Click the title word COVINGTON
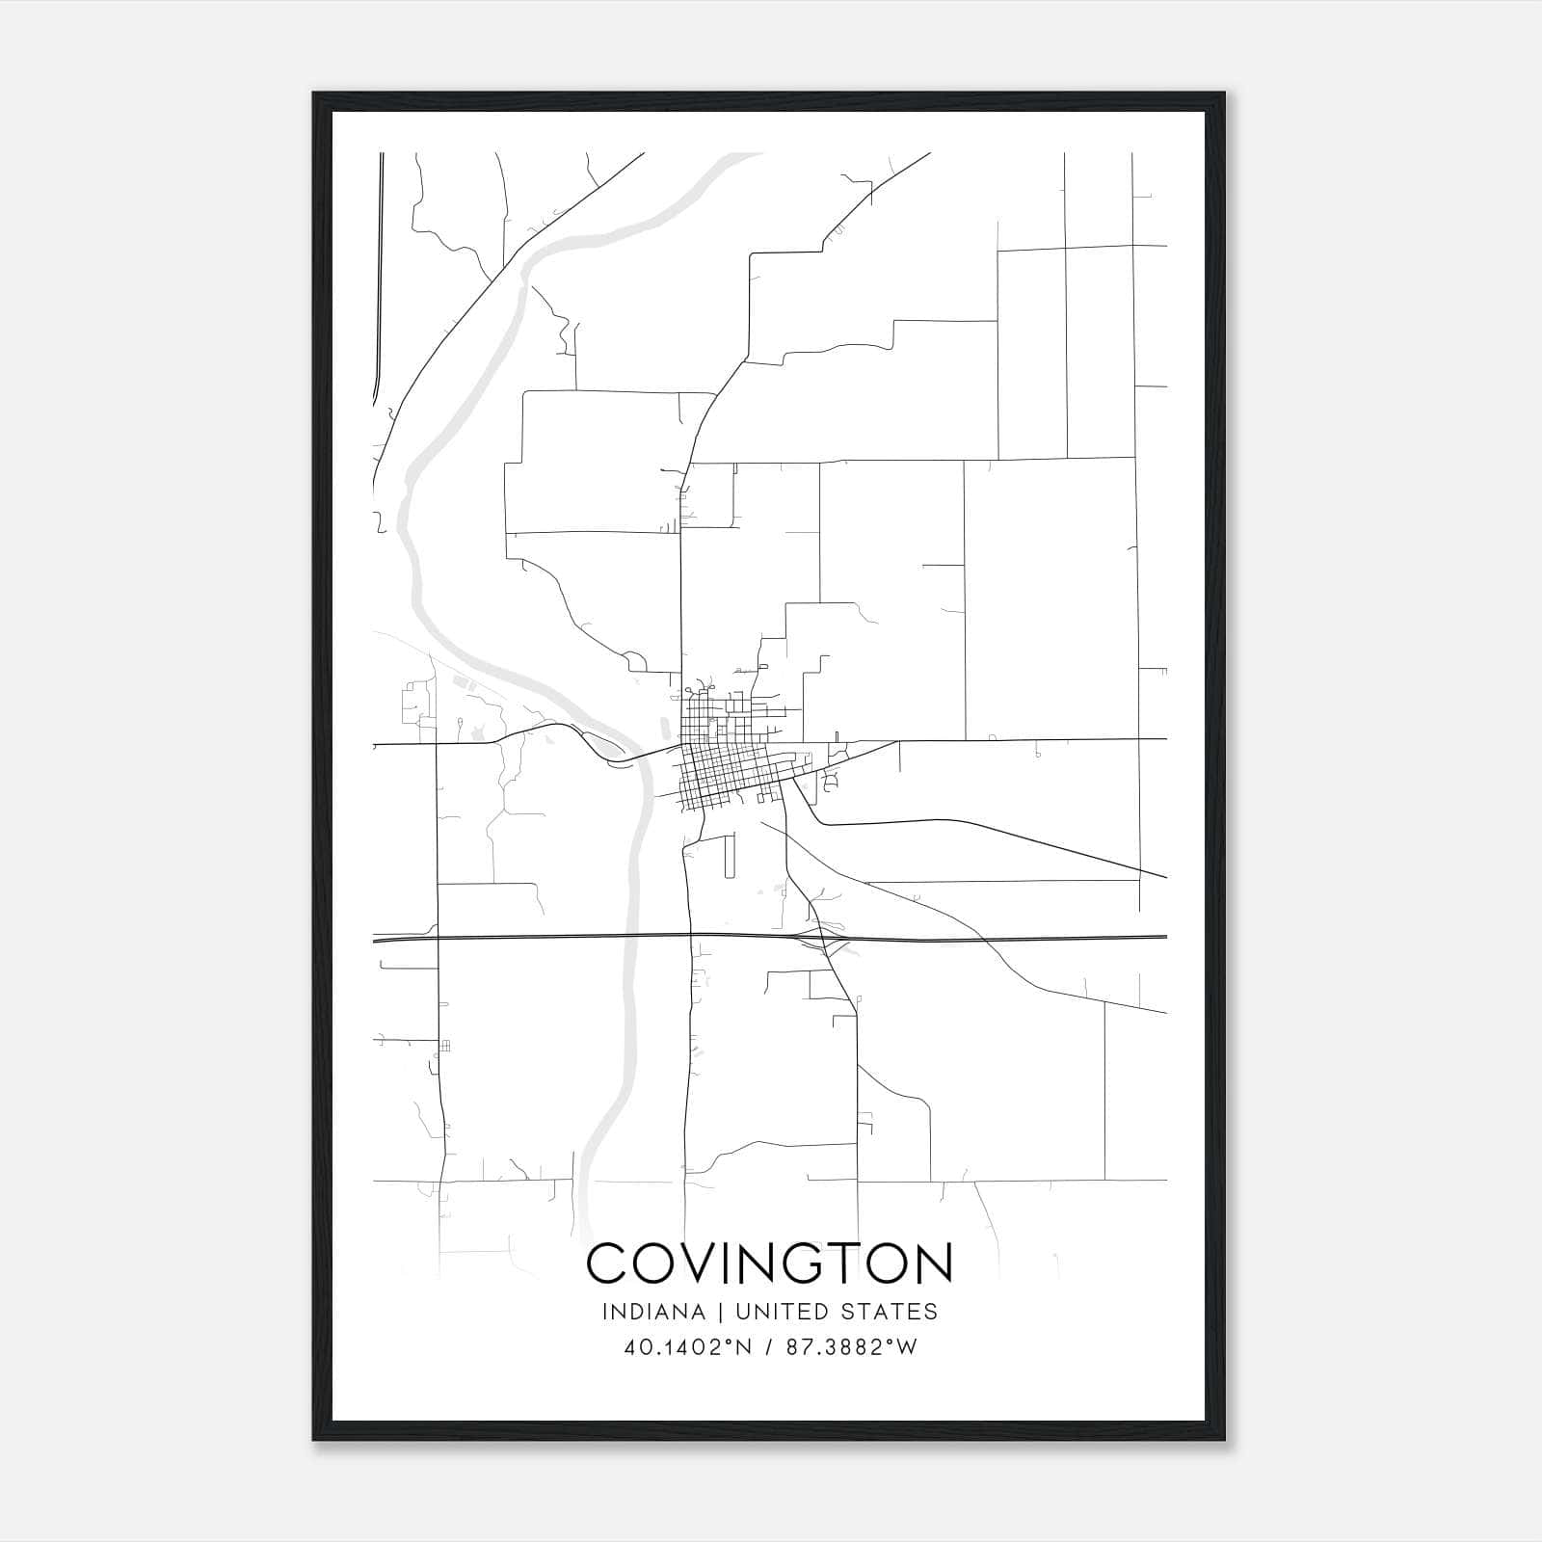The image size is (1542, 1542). tap(769, 1263)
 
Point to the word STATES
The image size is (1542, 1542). tap(890, 1312)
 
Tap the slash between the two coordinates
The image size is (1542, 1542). tap(767, 1348)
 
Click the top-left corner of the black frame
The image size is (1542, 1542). tap(314, 94)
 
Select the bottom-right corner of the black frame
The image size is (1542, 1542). tap(1224, 1440)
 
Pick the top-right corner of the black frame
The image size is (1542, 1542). tap(1224, 94)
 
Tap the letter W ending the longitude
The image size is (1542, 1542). tap(907, 1348)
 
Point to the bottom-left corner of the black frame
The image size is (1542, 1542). tap(314, 1440)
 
